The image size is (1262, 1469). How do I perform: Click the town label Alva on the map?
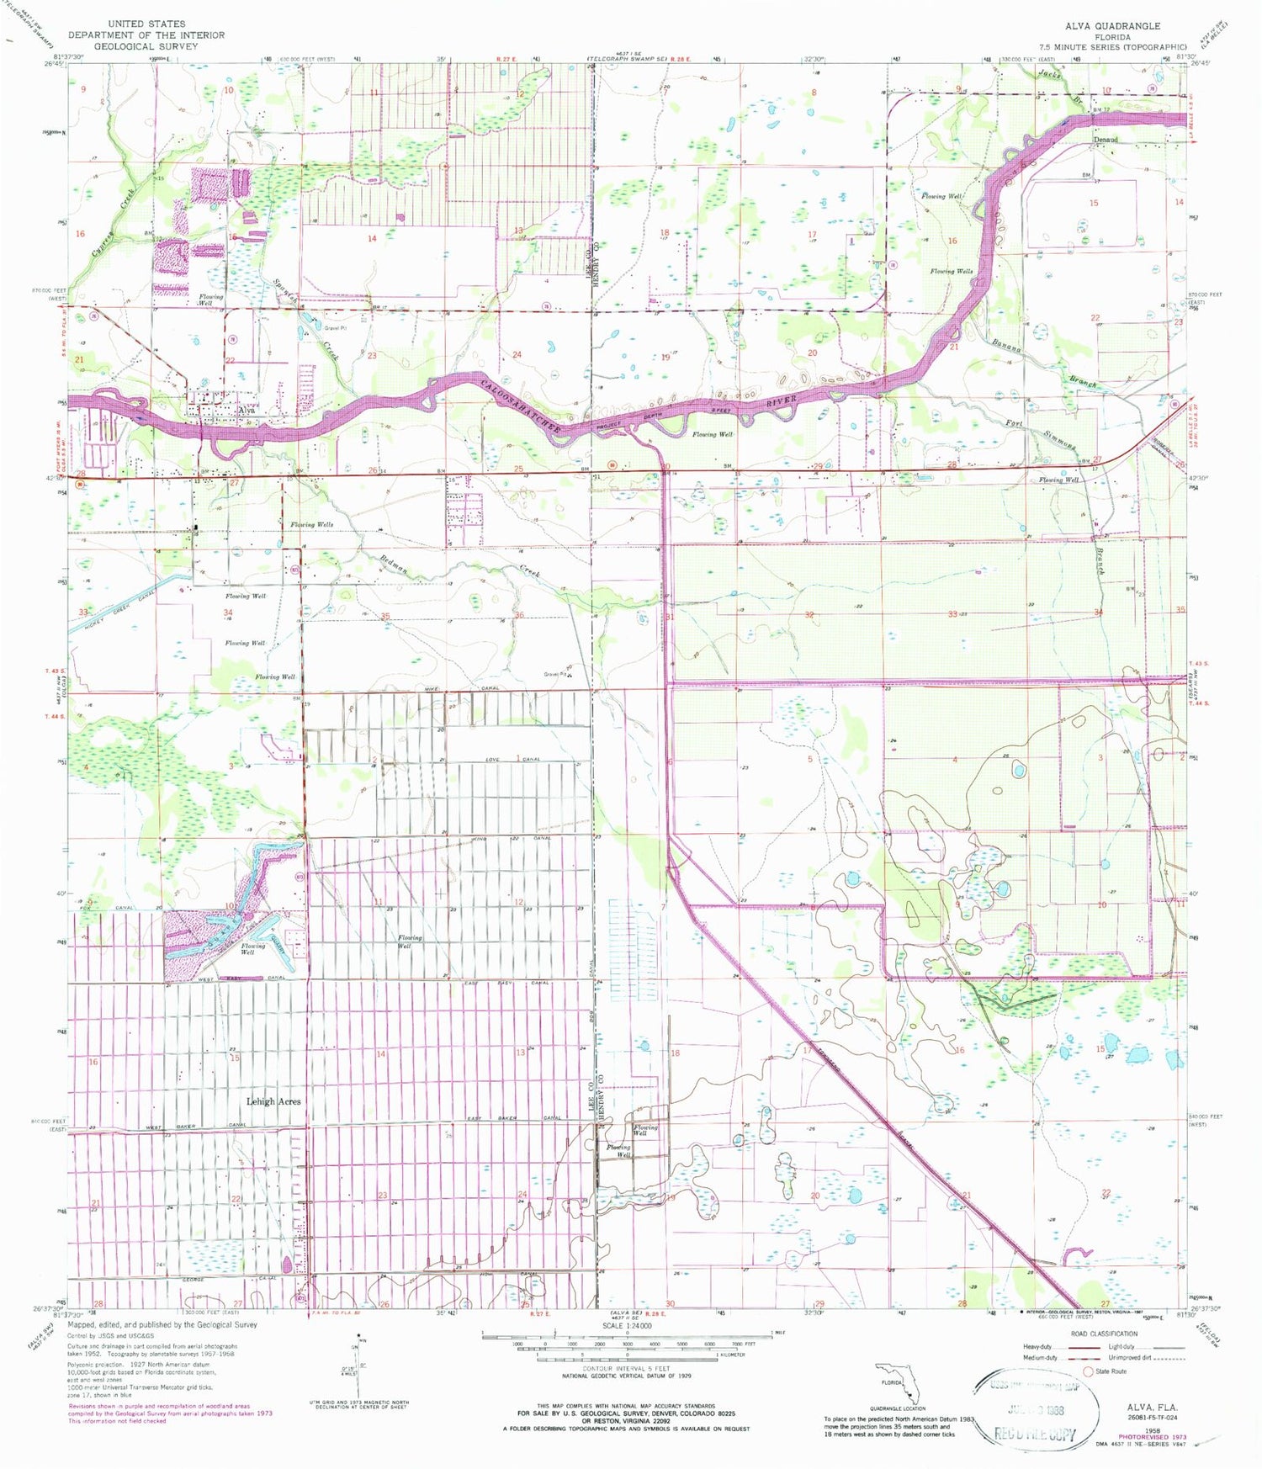(247, 411)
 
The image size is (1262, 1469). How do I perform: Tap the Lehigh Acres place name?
(273, 1100)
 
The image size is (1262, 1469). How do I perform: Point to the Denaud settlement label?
(1105, 139)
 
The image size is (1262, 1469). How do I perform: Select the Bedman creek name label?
(393, 565)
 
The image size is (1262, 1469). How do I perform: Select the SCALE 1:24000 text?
(627, 1326)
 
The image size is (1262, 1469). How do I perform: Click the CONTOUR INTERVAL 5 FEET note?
(627, 1369)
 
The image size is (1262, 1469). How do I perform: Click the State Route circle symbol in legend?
(1087, 1371)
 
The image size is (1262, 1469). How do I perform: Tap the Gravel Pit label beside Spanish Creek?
(337, 328)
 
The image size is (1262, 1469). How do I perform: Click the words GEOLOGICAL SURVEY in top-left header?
(146, 46)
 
